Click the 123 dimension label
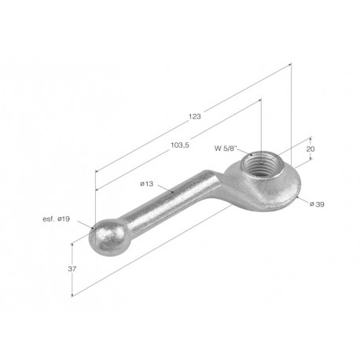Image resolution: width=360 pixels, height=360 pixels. click(195, 116)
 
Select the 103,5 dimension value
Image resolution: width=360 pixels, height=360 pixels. click(180, 145)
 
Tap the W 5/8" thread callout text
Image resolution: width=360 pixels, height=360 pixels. click(226, 149)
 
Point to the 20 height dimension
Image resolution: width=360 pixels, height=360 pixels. click(310, 149)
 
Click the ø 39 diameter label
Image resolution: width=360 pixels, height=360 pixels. click(317, 204)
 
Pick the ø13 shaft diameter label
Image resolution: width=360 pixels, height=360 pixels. click(146, 184)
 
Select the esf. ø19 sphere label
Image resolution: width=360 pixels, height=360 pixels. click(57, 219)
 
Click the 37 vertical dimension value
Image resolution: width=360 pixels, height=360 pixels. click(72, 269)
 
